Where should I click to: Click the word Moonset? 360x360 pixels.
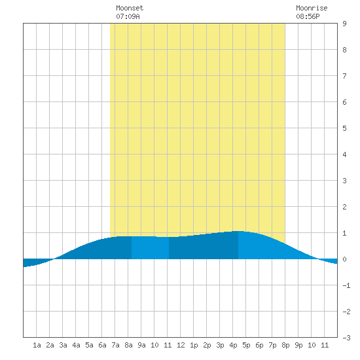(x=130, y=8)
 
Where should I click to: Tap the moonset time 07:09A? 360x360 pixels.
(x=128, y=16)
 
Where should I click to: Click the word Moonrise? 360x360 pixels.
(x=312, y=8)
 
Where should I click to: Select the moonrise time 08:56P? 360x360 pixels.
(x=308, y=16)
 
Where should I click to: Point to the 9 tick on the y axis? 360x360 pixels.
(x=344, y=24)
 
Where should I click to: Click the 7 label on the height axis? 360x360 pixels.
(x=344, y=76)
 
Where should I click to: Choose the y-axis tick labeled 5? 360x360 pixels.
(x=344, y=128)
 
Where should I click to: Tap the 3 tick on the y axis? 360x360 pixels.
(x=344, y=181)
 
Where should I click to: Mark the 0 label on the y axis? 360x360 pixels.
(x=344, y=259)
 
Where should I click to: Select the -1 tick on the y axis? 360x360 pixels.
(x=346, y=285)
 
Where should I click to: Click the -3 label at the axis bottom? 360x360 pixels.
(x=346, y=338)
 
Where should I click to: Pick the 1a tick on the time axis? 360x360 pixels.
(x=37, y=345)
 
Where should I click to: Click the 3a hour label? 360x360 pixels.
(x=63, y=345)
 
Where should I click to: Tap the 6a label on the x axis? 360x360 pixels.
(x=102, y=345)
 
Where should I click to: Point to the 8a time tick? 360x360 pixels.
(x=128, y=345)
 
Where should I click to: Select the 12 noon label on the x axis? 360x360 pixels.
(x=181, y=345)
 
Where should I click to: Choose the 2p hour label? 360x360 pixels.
(x=207, y=345)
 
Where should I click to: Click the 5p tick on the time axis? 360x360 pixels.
(x=246, y=345)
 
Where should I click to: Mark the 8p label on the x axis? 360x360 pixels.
(x=285, y=345)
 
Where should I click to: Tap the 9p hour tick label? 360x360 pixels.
(x=298, y=345)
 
